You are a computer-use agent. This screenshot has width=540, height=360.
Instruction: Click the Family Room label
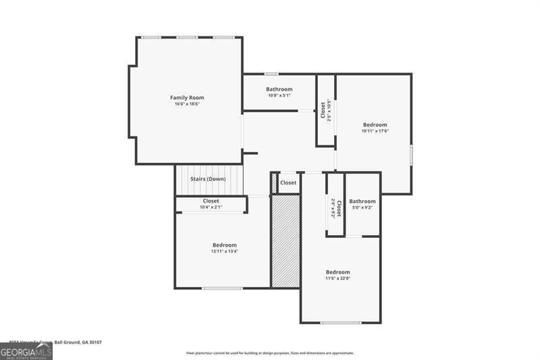(187, 98)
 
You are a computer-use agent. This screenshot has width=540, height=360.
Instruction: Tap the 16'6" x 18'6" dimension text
(187, 104)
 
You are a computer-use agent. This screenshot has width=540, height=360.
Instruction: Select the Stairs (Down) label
(208, 179)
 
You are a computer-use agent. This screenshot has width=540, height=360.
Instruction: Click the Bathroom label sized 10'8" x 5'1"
(279, 89)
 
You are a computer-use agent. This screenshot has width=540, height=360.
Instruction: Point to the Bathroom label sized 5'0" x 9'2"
(362, 201)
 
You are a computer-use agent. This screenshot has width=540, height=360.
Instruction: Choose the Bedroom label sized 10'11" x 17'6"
(375, 124)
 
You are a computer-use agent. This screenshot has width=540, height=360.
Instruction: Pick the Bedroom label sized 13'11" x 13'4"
(225, 245)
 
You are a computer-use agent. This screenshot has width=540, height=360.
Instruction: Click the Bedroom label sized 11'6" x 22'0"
(338, 272)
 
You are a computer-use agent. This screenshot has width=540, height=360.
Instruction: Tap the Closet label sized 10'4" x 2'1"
(211, 201)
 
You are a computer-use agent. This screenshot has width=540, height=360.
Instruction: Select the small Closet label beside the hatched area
(288, 183)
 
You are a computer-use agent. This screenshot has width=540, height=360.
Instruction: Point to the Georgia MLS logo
(26, 352)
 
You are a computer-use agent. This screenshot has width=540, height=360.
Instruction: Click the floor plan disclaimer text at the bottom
(270, 353)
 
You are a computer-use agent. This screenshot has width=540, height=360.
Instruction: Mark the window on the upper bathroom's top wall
(271, 74)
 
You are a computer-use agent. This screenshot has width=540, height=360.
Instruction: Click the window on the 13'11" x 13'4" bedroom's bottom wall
(222, 288)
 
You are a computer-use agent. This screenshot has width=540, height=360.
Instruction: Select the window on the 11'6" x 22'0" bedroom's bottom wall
(340, 323)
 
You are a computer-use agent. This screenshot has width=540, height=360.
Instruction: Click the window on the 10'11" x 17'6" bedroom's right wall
(411, 154)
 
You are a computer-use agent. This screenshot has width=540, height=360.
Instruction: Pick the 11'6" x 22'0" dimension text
(338, 278)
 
